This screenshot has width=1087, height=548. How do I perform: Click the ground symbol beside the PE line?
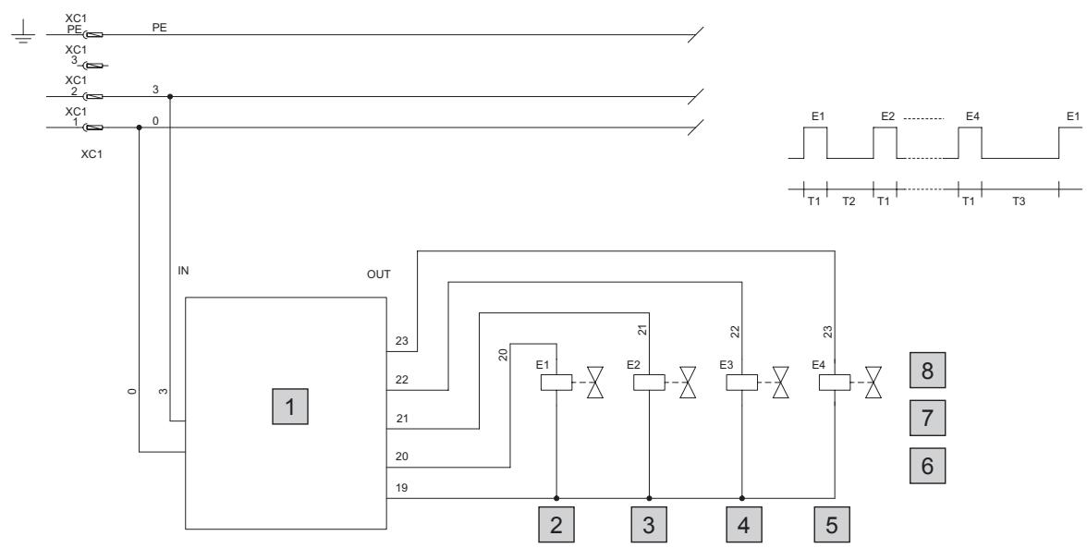(x=23, y=31)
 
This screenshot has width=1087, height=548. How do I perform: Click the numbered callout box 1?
(x=290, y=407)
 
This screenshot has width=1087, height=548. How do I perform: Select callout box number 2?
(x=556, y=525)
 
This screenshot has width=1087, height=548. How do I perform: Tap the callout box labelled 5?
(x=831, y=525)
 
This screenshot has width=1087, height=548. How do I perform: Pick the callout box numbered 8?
(x=928, y=371)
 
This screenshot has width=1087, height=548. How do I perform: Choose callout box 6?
(x=928, y=466)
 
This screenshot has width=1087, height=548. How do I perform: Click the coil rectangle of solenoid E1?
(x=556, y=383)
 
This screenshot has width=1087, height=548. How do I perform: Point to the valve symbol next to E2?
(x=688, y=383)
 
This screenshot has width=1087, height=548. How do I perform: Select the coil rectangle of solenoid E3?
(x=741, y=383)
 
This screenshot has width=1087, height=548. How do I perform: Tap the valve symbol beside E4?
(x=873, y=383)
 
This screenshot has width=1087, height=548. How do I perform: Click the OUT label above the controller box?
(x=379, y=274)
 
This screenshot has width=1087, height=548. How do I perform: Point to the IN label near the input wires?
(x=183, y=271)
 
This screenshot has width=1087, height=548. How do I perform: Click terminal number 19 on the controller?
(x=401, y=488)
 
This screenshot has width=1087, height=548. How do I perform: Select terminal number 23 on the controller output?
(x=402, y=341)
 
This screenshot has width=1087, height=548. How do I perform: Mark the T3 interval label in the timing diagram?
(x=1018, y=201)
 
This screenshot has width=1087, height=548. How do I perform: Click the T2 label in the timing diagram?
(x=849, y=201)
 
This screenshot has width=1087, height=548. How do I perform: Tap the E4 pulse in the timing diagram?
(x=970, y=143)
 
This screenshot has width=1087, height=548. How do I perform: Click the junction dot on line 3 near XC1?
(x=170, y=96)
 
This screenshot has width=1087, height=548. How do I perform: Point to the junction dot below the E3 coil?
(x=741, y=497)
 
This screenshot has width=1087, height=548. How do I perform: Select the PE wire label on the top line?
(x=159, y=28)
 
